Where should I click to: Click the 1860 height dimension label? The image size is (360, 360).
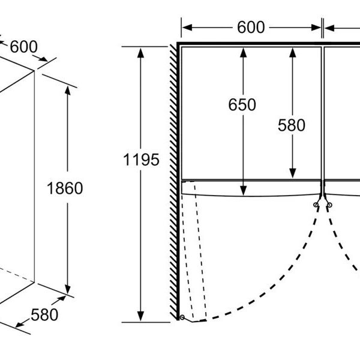tap(64, 188)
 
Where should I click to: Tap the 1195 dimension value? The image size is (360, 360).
tap(142, 159)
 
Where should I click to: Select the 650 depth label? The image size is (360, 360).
tap(242, 105)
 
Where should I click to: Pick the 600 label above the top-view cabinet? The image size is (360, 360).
tap(251, 27)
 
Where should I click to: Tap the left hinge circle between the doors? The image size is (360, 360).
tap(316, 205)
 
